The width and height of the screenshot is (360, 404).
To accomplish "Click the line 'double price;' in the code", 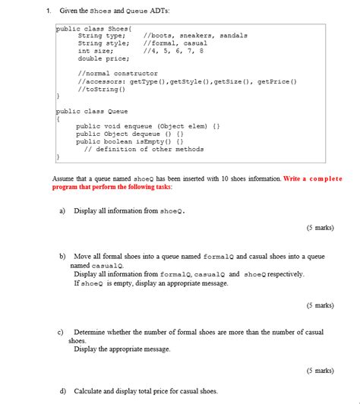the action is [102, 58].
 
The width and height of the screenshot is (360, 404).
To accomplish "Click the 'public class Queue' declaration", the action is [92, 111].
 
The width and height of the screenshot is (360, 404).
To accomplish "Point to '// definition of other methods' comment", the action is [144, 149].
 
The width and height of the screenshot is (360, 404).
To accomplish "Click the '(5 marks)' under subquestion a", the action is [320, 227].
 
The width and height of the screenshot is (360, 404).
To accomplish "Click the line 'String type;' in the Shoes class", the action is [102, 36].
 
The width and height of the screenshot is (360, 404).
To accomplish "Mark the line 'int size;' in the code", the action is [95, 51].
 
